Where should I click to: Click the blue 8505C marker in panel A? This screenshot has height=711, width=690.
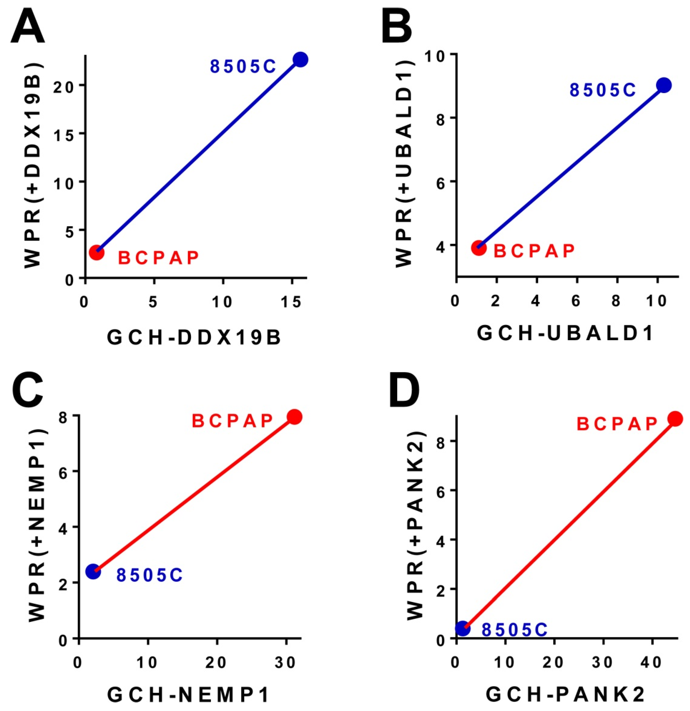click(300, 60)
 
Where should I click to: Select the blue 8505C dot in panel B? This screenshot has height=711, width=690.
click(664, 85)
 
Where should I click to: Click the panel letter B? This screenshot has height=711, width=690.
click(397, 28)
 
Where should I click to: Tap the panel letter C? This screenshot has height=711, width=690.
click(27, 388)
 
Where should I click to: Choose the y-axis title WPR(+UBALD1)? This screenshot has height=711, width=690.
click(404, 163)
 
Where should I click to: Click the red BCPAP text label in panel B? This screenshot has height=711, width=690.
click(534, 251)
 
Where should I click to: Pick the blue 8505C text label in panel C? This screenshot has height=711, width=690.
click(149, 575)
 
